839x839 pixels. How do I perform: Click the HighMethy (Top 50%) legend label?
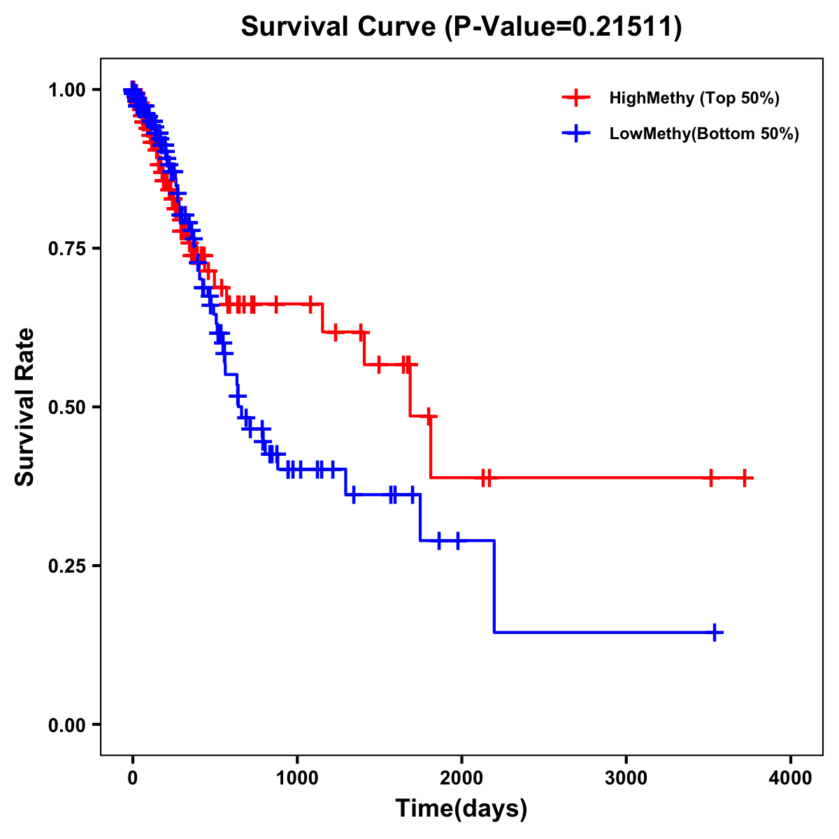(694, 98)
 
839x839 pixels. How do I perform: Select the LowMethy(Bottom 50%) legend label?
(704, 134)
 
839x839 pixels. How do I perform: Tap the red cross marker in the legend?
(575, 98)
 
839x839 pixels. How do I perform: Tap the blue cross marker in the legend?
(575, 134)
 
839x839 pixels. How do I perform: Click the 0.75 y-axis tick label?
(67, 248)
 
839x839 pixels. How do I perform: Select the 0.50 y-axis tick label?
(67, 407)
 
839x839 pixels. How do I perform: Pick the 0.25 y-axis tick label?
(67, 566)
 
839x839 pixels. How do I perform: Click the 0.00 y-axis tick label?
(67, 724)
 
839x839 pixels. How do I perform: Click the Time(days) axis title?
(461, 809)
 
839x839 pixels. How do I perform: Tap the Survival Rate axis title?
(25, 407)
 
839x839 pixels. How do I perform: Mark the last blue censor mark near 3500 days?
(715, 632)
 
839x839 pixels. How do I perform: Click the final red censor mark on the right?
(745, 478)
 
